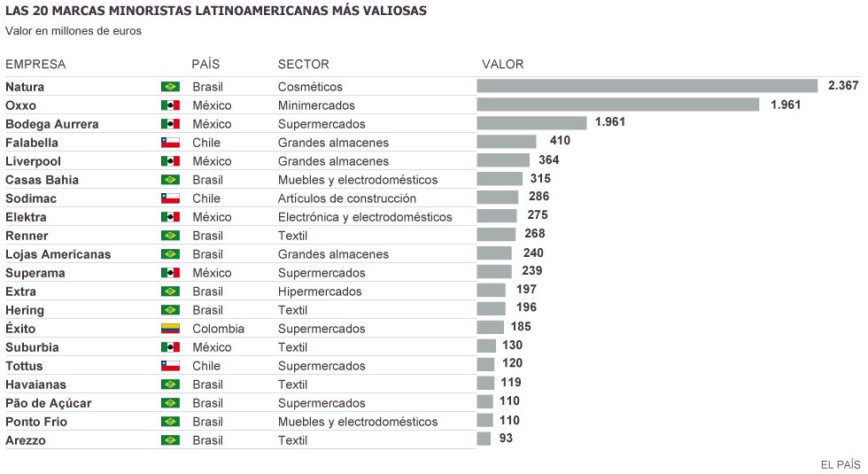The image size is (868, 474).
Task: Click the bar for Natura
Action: coord(647,86)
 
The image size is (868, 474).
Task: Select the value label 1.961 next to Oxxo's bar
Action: coord(786,105)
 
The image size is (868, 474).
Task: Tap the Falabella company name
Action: coord(32,143)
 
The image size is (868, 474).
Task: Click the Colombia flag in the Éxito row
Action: coord(170,329)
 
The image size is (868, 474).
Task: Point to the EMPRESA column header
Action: coord(35,65)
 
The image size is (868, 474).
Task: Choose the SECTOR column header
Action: coord(303,65)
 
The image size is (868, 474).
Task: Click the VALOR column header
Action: coord(502,65)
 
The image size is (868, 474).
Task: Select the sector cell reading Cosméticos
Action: coord(310,87)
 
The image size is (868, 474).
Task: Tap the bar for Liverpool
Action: coord(503,160)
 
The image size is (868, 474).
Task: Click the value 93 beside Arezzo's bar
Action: coord(505,439)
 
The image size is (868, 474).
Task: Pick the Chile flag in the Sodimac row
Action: coord(170,198)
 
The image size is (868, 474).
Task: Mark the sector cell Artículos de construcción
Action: coord(346,198)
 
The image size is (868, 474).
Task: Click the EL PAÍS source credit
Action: coord(841,464)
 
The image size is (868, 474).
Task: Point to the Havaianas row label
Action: coord(35,385)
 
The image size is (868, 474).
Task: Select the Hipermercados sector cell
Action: coord(320,291)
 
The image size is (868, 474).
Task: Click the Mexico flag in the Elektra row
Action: coord(170,217)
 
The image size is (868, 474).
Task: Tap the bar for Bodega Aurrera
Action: coord(531,123)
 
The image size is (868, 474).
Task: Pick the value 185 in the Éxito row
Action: coord(521,327)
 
